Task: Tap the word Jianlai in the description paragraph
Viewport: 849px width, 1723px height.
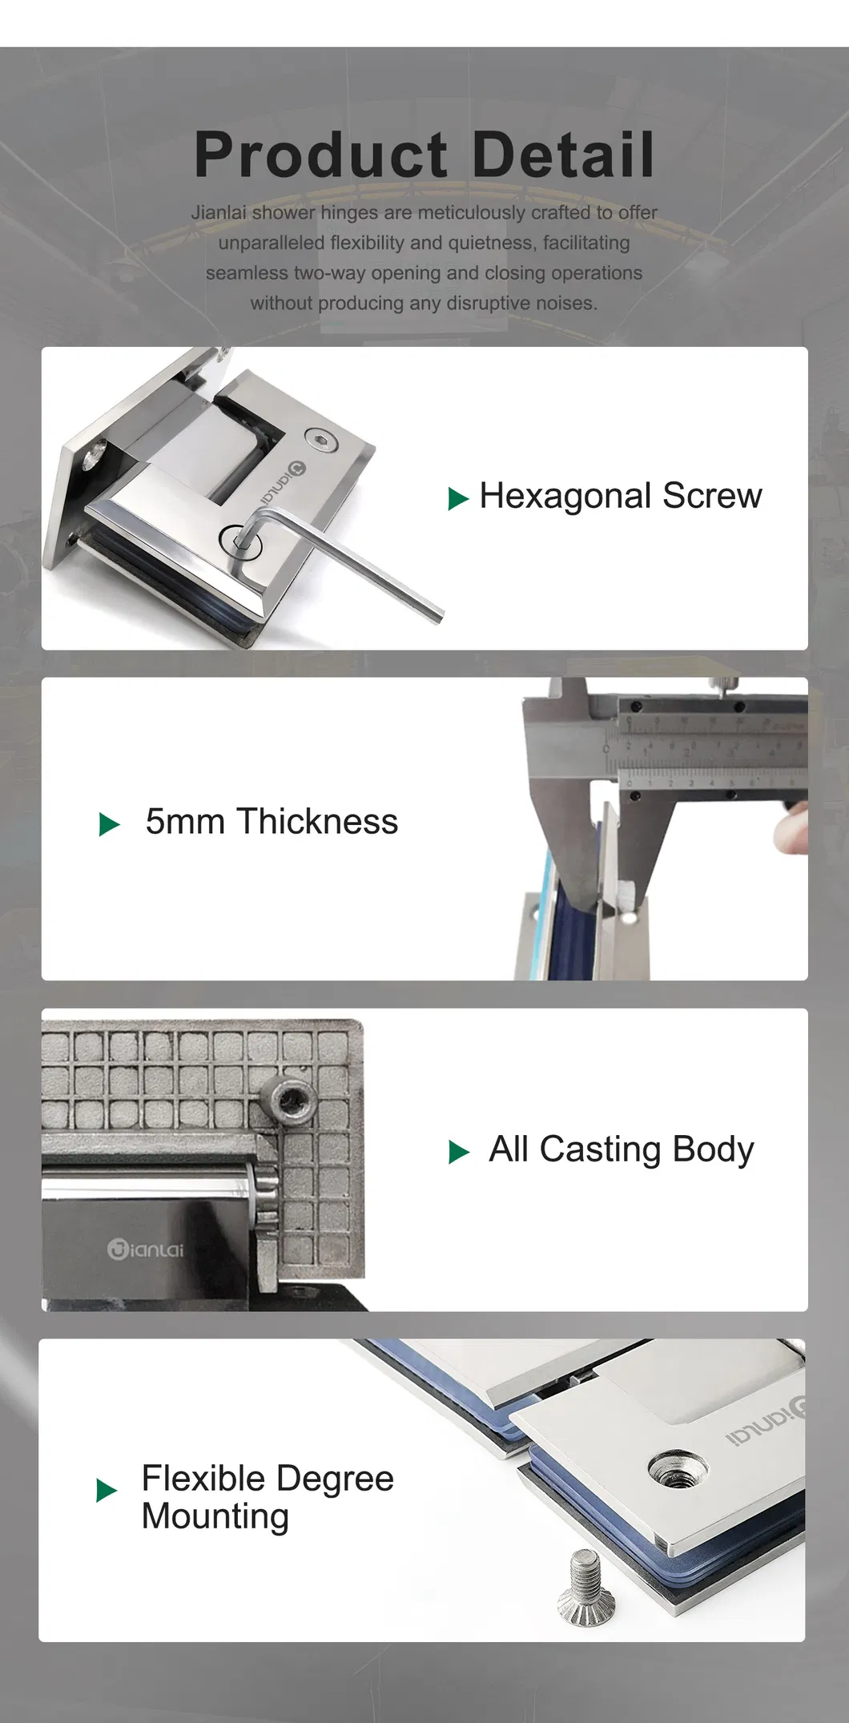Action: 219,213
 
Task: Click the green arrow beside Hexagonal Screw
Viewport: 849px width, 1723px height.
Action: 457,499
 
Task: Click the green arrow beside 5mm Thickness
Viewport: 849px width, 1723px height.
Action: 109,824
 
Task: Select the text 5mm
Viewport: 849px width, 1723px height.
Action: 185,822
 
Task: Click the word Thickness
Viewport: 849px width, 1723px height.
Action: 317,822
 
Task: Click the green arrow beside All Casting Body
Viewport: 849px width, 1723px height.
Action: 459,1152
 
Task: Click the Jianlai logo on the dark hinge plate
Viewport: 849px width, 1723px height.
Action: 146,1249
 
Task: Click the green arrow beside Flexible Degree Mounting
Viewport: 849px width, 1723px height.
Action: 107,1491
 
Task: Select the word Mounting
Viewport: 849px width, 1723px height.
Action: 215,1517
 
